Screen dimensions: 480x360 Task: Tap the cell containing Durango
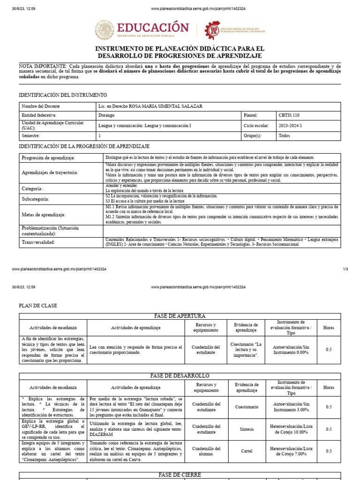pos(107,115)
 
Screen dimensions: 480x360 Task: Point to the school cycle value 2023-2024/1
pos(291,126)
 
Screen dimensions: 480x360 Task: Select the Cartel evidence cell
pos(246,451)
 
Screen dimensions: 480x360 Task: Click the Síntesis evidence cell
pos(246,429)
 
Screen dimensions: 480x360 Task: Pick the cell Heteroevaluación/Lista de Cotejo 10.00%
pos(291,429)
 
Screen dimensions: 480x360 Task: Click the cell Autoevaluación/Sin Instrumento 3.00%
pos(291,406)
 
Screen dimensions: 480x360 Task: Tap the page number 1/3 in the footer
pos(345,270)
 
